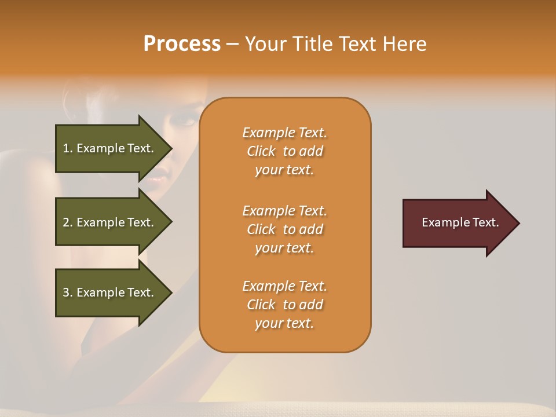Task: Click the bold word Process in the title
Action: (182, 44)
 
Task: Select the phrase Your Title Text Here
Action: (335, 44)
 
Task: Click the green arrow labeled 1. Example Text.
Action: (110, 148)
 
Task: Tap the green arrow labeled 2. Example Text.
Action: (110, 222)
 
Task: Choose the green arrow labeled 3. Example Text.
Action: (110, 292)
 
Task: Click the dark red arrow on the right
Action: (458, 222)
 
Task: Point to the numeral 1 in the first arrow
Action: (66, 148)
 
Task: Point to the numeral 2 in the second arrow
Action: (66, 222)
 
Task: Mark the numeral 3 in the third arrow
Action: (66, 292)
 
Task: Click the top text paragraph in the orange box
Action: (284, 151)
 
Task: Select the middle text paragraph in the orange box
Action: (284, 229)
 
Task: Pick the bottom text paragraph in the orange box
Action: (284, 305)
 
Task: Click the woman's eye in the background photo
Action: (187, 122)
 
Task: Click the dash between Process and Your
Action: (232, 45)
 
